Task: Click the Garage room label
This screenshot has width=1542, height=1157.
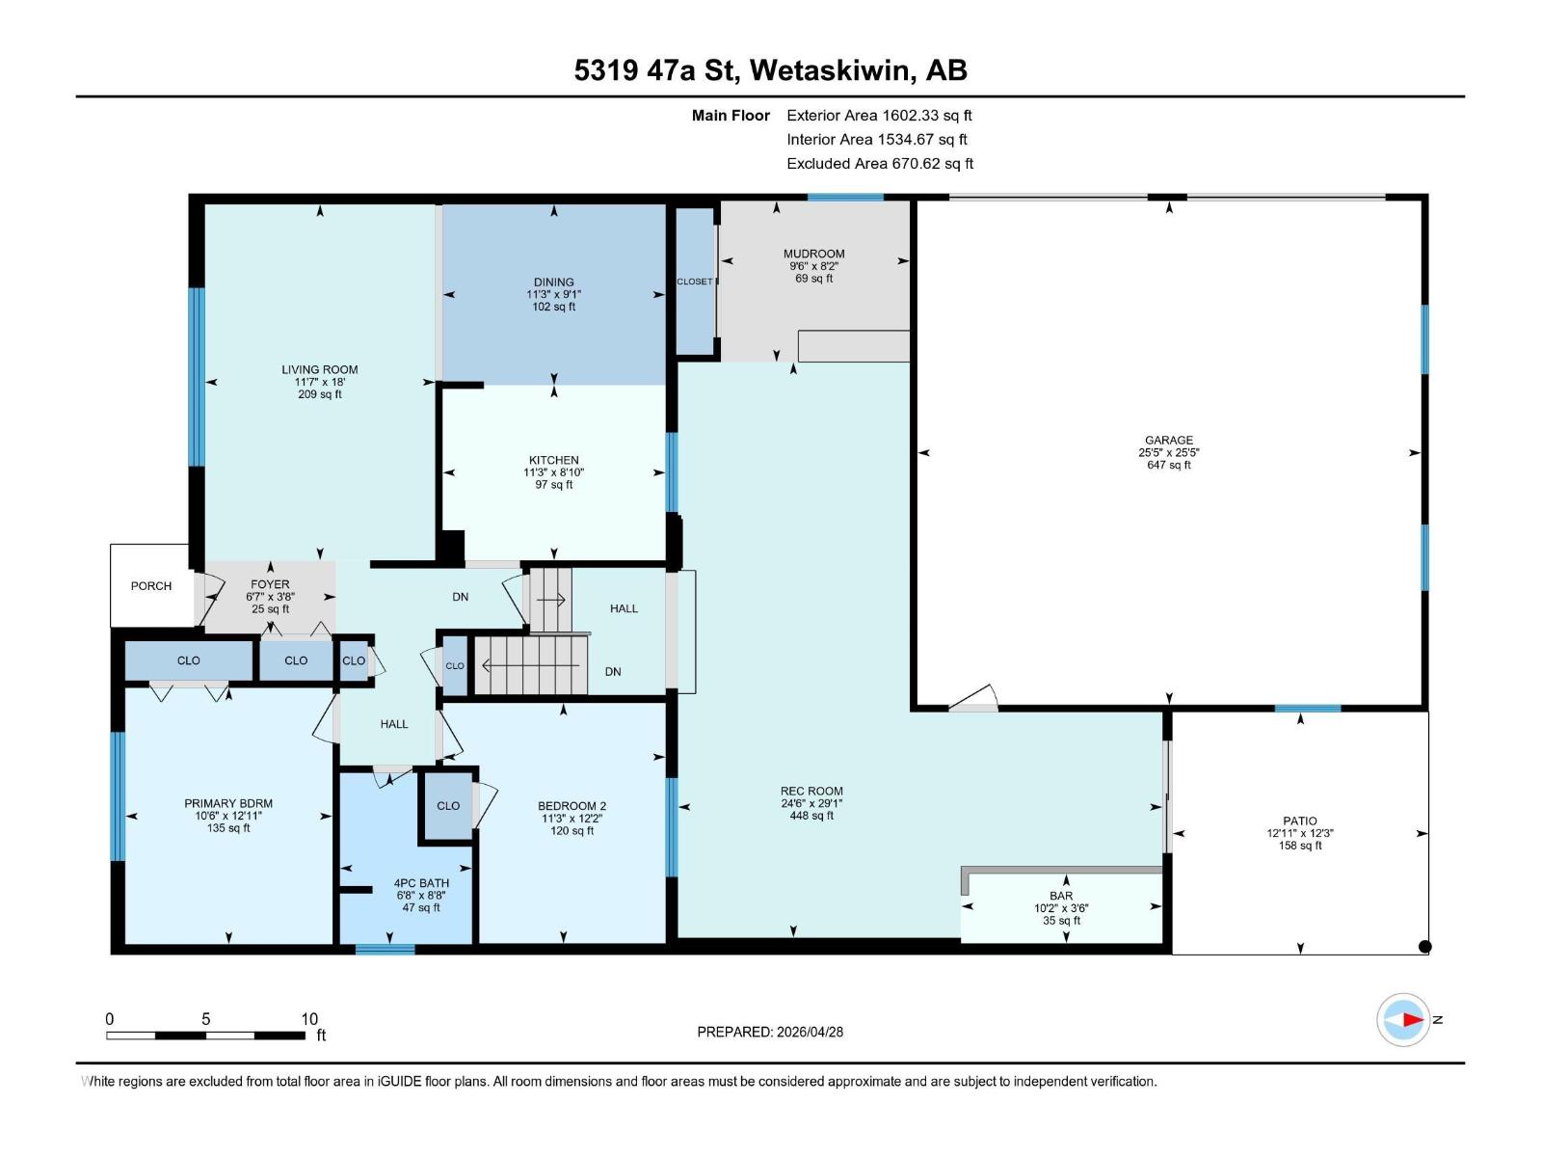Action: [x=1168, y=440]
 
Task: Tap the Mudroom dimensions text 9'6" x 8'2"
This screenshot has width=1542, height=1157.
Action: [x=813, y=266]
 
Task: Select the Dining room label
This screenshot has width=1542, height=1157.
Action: [x=553, y=283]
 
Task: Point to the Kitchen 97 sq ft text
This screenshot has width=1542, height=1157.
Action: [x=553, y=485]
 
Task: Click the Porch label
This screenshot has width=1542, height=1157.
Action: [x=151, y=586]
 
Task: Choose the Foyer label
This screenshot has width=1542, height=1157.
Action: [x=270, y=584]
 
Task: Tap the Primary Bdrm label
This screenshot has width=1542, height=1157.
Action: [x=228, y=803]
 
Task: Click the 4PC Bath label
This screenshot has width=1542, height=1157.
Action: [x=421, y=883]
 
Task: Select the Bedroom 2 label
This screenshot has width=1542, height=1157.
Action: [x=572, y=806]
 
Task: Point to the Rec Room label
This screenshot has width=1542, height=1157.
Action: [x=811, y=791]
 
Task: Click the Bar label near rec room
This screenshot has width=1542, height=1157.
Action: [x=1061, y=896]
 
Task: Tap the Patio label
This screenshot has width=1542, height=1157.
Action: [x=1299, y=821]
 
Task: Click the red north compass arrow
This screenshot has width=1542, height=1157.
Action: [x=1412, y=1019]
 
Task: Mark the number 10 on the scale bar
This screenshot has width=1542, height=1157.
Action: [x=308, y=1019]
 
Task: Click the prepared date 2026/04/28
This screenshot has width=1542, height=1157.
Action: [x=808, y=1032]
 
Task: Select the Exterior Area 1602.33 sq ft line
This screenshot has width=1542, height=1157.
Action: [x=879, y=115]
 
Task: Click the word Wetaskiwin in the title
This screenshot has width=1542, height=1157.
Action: [x=829, y=70]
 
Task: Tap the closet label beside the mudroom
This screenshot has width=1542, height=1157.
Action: [x=695, y=282]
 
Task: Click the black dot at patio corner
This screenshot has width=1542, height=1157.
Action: [x=1425, y=947]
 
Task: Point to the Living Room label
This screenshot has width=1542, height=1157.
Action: [x=319, y=369]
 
